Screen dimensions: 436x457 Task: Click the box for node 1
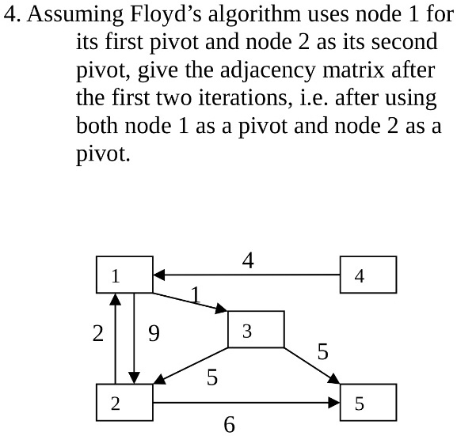coord(124,276)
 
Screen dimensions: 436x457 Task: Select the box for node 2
coord(124,404)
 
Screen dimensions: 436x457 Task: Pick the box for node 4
coord(368,276)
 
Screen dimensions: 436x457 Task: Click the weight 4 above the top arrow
coord(248,260)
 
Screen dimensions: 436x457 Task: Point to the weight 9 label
coord(154,335)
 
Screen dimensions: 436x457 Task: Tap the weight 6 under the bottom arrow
coord(230,425)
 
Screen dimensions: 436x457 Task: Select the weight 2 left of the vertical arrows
coord(97,335)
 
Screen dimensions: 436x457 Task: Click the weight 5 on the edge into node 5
coord(322,352)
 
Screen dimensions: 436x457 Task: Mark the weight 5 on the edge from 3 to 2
coord(211,378)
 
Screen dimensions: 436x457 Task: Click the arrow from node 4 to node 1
coord(246,275)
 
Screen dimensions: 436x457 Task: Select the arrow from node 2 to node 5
coord(246,403)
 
